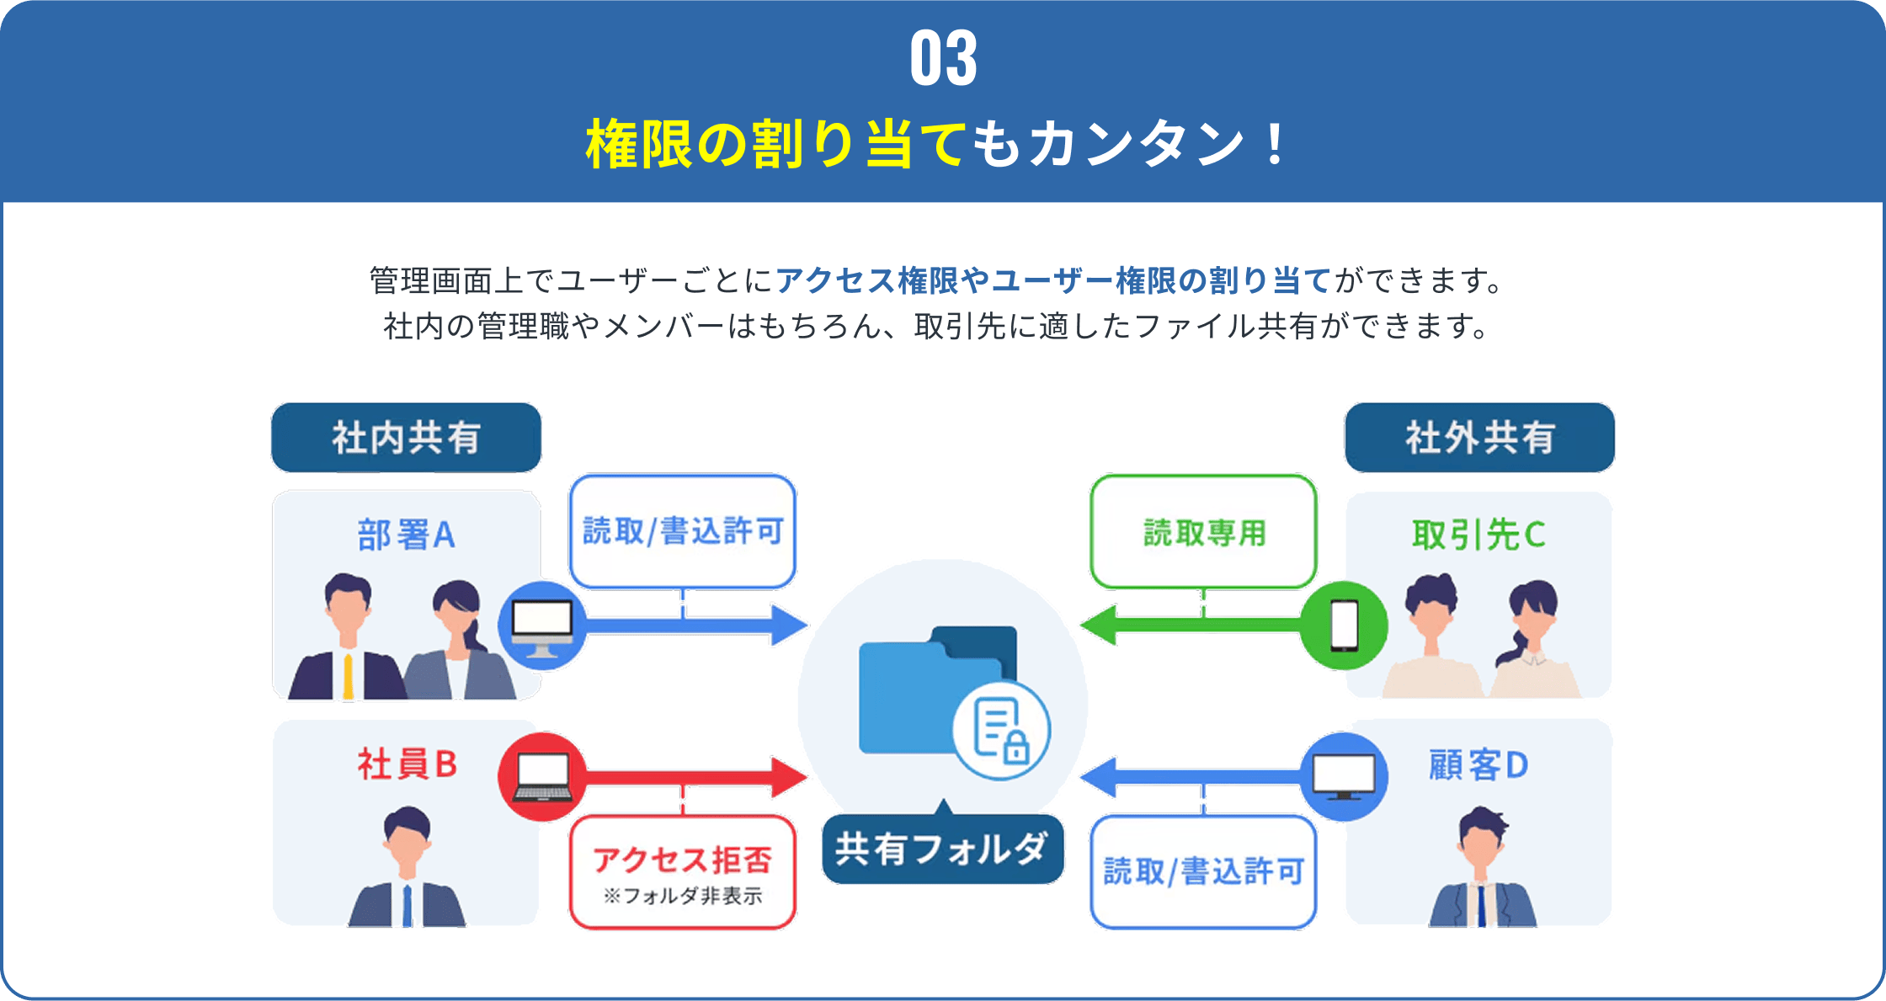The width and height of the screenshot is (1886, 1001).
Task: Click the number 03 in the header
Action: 943,59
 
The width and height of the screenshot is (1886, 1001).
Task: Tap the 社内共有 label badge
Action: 406,438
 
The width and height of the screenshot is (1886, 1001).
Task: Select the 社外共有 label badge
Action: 1479,438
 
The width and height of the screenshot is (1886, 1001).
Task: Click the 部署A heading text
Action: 406,535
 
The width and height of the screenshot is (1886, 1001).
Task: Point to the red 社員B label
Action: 407,764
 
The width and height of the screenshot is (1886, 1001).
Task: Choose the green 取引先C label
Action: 1478,535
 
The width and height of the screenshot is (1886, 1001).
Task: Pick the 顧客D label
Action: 1478,765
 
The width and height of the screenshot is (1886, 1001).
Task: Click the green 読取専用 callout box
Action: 1203,532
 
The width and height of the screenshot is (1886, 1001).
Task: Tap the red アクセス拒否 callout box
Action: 682,871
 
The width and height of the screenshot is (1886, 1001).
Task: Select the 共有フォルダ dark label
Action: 942,849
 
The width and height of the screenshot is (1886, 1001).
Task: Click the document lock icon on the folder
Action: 1001,729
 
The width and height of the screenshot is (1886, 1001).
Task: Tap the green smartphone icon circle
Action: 1344,626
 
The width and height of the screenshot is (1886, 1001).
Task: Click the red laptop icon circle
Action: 542,776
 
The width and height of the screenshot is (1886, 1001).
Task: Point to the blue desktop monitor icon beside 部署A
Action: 542,626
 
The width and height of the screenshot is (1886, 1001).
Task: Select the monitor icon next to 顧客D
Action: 1344,776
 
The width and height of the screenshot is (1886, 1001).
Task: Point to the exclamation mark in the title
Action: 1276,143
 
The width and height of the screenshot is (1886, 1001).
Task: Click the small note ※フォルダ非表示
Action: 682,896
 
